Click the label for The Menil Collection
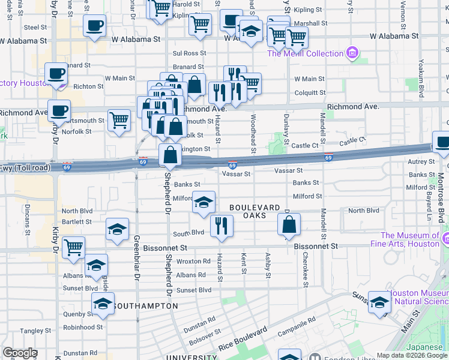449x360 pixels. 305,53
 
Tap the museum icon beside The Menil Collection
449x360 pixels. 352,53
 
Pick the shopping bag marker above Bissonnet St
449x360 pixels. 289,225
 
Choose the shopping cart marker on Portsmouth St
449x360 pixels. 119,119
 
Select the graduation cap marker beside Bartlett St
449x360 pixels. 117,229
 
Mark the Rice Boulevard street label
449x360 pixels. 243,338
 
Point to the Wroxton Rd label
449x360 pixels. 194,261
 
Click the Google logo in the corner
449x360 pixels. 20,352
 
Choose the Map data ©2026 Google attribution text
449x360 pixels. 411,355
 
